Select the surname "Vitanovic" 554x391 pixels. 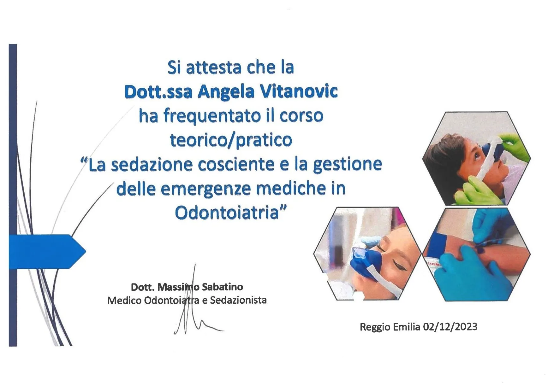click(299, 91)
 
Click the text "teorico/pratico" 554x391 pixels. click(231, 140)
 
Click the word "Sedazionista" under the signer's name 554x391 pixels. click(238, 300)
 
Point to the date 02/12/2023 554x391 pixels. click(450, 327)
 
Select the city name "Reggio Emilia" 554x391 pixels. click(390, 327)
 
